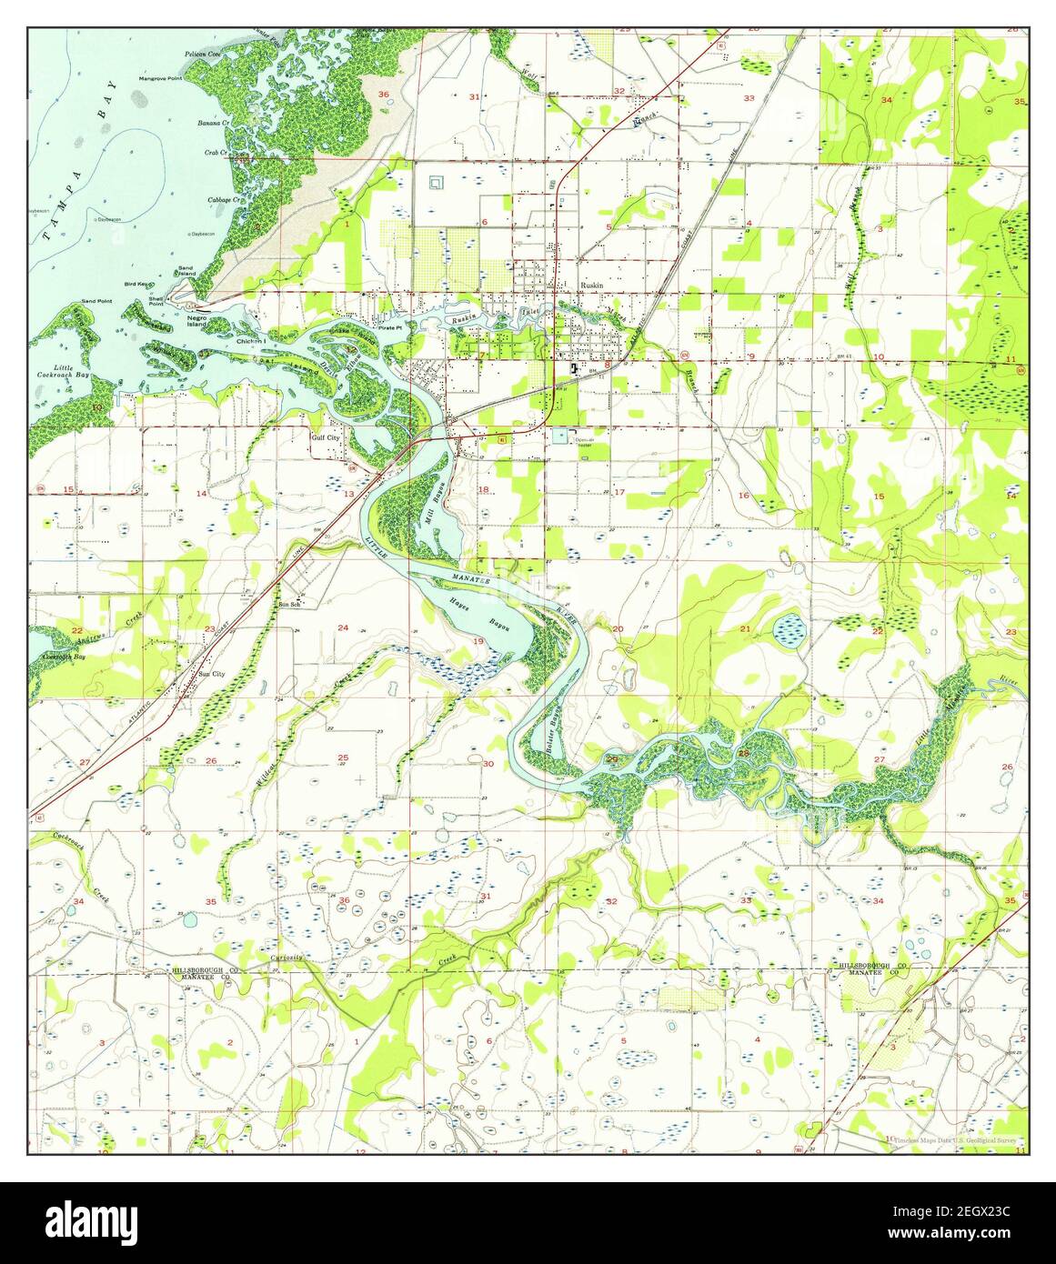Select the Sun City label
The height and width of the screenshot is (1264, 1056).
click(211, 674)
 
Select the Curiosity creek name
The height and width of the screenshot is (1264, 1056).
click(286, 958)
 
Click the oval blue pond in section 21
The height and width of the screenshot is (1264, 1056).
click(788, 627)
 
